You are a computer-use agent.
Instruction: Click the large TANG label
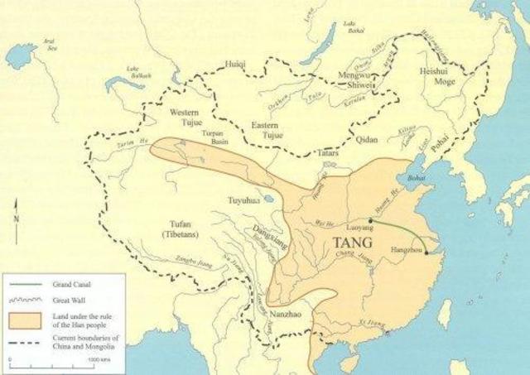(x=352, y=243)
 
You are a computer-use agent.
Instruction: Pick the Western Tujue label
(x=185, y=118)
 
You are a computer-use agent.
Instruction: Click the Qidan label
(x=367, y=140)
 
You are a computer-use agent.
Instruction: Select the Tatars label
(x=330, y=154)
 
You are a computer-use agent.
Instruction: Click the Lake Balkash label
(x=133, y=72)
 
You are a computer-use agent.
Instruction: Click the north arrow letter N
(x=17, y=218)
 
